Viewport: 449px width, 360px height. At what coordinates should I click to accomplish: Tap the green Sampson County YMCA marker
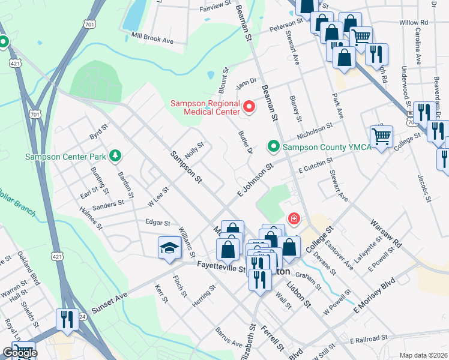(x=274, y=146)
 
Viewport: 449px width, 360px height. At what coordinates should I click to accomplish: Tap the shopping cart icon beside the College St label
(x=381, y=137)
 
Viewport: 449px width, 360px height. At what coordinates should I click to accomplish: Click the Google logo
(x=20, y=352)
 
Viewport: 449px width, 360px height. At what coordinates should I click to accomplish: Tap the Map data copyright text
(x=423, y=355)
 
